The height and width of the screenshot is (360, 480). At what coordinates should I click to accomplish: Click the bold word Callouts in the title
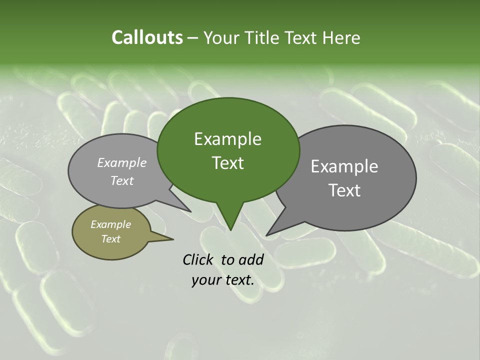pyautogui.click(x=147, y=37)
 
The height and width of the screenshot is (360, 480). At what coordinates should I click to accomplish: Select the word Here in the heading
pyautogui.click(x=341, y=37)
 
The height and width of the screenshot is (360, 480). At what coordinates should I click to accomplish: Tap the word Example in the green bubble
pyautogui.click(x=227, y=139)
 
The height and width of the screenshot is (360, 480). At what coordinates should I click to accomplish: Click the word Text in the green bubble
pyautogui.click(x=227, y=163)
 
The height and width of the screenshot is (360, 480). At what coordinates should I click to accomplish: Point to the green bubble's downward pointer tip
pyautogui.click(x=230, y=229)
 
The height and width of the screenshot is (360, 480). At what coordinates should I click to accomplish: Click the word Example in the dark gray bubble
pyautogui.click(x=344, y=166)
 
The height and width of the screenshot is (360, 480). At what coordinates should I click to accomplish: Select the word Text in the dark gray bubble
pyautogui.click(x=344, y=190)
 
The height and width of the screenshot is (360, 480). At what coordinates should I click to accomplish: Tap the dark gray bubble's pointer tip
pyautogui.click(x=267, y=235)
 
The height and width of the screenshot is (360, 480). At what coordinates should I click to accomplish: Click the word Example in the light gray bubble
pyautogui.click(x=122, y=162)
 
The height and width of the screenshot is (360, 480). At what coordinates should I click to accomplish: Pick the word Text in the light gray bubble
pyautogui.click(x=122, y=180)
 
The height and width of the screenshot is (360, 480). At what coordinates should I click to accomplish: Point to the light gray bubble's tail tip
pyautogui.click(x=190, y=211)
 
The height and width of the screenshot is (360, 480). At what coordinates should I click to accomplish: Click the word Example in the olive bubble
pyautogui.click(x=110, y=224)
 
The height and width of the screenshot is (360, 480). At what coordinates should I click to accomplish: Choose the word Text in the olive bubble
pyautogui.click(x=110, y=239)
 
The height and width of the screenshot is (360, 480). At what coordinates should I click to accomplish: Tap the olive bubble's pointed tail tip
pyautogui.click(x=173, y=239)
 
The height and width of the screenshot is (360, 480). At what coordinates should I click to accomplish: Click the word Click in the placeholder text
pyautogui.click(x=199, y=259)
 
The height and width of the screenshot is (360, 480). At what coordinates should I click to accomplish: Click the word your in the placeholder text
pyautogui.click(x=206, y=280)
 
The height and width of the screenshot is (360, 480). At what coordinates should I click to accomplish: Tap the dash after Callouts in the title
pyautogui.click(x=193, y=38)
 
